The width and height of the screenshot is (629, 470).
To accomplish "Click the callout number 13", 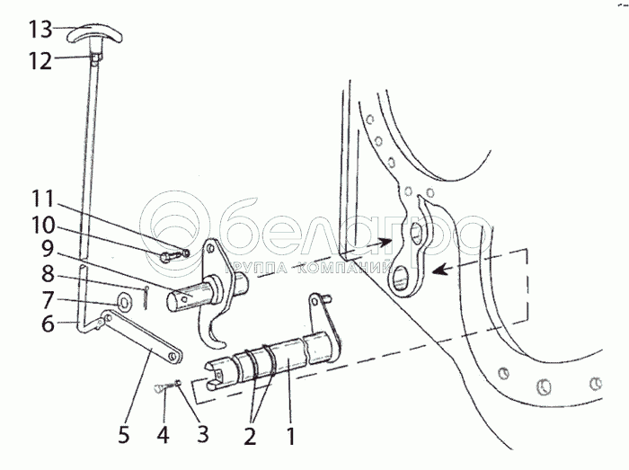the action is click(x=40, y=30).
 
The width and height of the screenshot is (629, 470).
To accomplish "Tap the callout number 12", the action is click(x=40, y=61).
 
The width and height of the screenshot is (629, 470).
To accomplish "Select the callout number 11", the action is click(x=43, y=199).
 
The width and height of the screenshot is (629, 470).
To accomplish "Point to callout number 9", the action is click(x=48, y=249).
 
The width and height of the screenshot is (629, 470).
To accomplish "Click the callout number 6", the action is click(x=48, y=324).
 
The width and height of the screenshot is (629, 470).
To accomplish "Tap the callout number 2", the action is click(x=250, y=436).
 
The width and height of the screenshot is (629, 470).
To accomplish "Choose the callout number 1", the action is click(x=290, y=436).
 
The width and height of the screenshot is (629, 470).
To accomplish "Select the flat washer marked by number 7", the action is click(x=124, y=302).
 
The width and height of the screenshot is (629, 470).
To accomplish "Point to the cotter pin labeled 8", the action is click(x=146, y=297).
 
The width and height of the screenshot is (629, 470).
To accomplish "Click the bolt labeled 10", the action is click(x=170, y=256).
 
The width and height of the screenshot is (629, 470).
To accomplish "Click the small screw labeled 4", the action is click(x=164, y=387).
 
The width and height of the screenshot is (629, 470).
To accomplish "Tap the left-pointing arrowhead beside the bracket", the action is click(x=439, y=270).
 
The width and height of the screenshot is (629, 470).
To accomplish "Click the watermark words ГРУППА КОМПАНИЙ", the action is click(x=309, y=268).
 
